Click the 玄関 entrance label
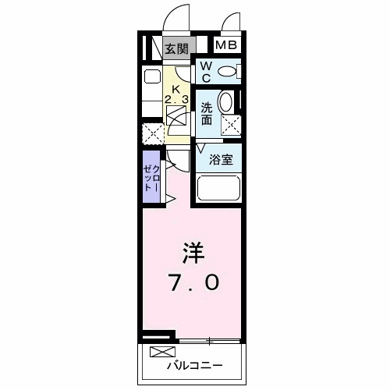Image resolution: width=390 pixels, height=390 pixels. pyautogui.click(x=177, y=48)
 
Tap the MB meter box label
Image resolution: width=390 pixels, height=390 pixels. pyautogui.click(x=226, y=46)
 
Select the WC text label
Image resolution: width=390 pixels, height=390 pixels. pyautogui.click(x=205, y=73)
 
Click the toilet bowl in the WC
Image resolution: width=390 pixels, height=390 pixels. pyautogui.click(x=227, y=72)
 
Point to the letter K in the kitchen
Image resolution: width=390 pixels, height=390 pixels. pyautogui.click(x=176, y=88)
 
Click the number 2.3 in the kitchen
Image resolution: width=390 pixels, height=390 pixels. pyautogui.click(x=176, y=100)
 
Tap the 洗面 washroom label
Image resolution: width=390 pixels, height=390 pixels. pyautogui.click(x=206, y=114)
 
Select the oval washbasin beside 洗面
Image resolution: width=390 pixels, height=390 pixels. pyautogui.click(x=226, y=103)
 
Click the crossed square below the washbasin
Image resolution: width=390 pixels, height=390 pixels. pyautogui.click(x=230, y=125)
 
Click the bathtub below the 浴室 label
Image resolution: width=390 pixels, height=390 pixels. pyautogui.click(x=218, y=190)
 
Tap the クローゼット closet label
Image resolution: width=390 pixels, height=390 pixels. pyautogui.click(x=151, y=181)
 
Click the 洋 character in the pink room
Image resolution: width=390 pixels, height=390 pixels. pyautogui.click(x=194, y=253)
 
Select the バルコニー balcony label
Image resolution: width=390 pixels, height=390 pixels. pyautogui.click(x=194, y=365)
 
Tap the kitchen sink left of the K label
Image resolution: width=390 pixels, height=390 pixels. pyautogui.click(x=151, y=78)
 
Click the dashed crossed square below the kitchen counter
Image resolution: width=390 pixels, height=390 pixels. pyautogui.click(x=153, y=133)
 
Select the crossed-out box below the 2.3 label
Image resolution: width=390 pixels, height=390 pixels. pyautogui.click(x=176, y=118)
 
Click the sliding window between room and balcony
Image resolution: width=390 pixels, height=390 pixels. pyautogui.click(x=210, y=340)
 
